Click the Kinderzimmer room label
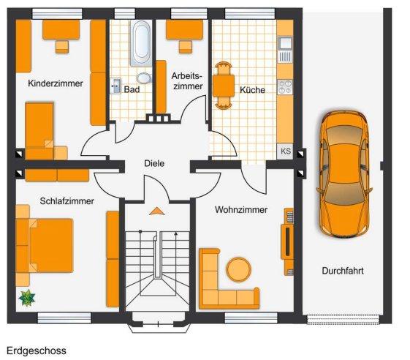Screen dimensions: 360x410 pyautogui.click(x=56, y=83)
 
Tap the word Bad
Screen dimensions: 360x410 pyautogui.click(x=132, y=89)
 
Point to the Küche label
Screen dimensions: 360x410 pyautogui.click(x=252, y=90)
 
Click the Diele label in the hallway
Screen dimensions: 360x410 pyautogui.click(x=155, y=164)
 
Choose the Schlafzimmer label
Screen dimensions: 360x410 pyautogui.click(x=67, y=201)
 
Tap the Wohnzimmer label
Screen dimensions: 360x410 pyautogui.click(x=241, y=210)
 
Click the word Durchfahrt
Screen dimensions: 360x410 pyautogui.click(x=343, y=271)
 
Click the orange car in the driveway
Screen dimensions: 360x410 pyautogui.click(x=343, y=174)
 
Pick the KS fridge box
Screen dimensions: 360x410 pyautogui.click(x=285, y=151)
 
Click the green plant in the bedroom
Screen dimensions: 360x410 pyautogui.click(x=28, y=297)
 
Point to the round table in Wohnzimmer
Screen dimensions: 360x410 pyautogui.click(x=238, y=269)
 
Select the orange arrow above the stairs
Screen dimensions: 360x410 pyautogui.click(x=156, y=211)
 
